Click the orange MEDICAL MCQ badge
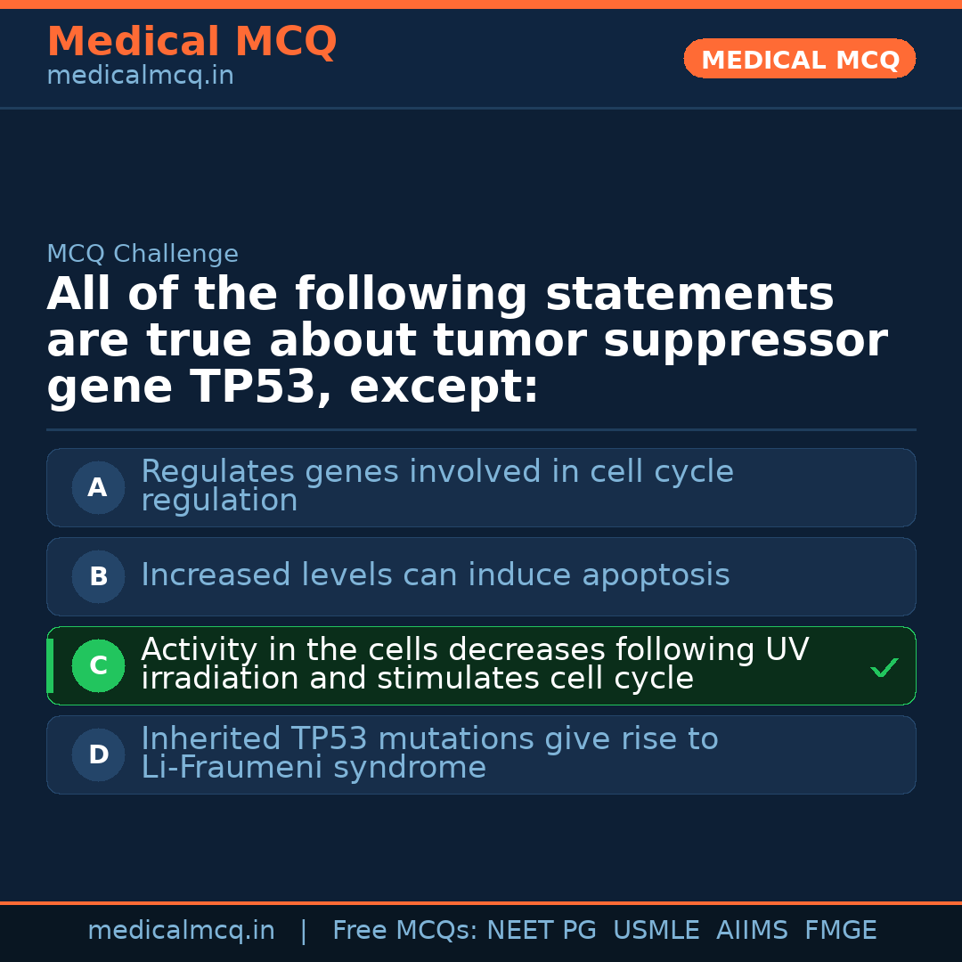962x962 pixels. click(799, 59)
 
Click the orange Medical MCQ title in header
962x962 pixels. click(192, 41)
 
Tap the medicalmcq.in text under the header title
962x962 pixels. click(141, 76)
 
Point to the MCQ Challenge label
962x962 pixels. click(143, 253)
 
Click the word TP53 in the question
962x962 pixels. click(253, 387)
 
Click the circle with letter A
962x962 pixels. click(98, 488)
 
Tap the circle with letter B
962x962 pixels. click(98, 576)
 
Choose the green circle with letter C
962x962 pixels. click(98, 665)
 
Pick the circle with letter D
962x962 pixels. click(98, 754)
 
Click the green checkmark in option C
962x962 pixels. click(885, 667)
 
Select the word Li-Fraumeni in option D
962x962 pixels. click(232, 767)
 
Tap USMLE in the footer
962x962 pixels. click(656, 930)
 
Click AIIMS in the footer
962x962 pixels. click(752, 930)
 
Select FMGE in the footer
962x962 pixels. click(841, 930)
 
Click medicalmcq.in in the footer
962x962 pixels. click(182, 931)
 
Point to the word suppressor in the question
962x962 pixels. click(746, 342)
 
